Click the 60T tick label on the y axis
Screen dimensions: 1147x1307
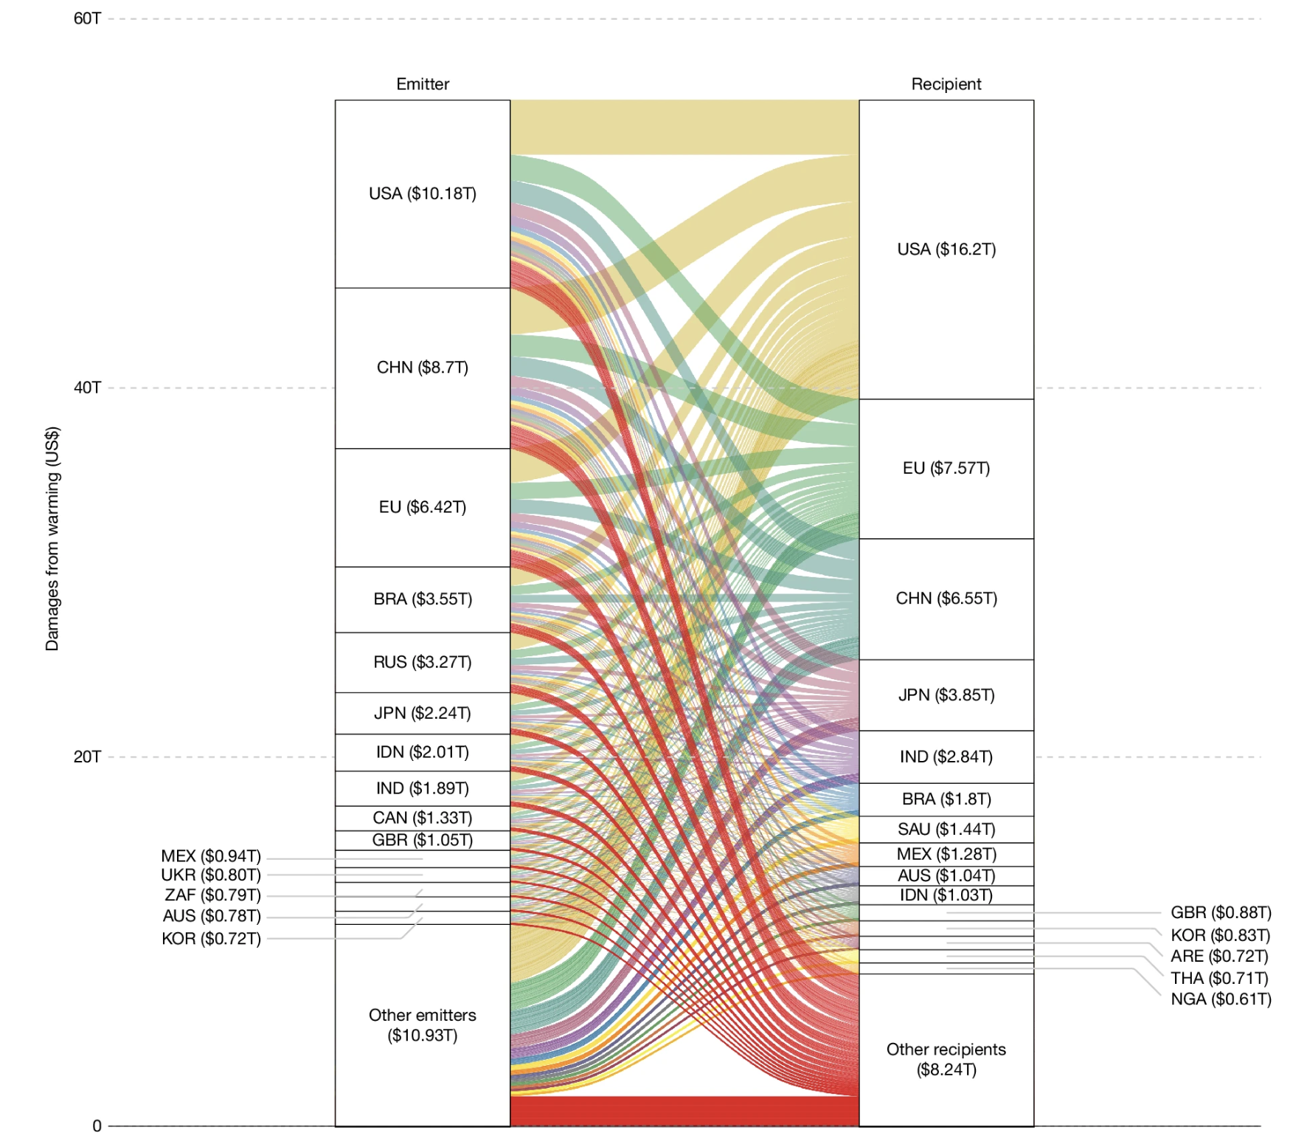pos(87,18)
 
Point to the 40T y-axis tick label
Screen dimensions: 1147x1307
pos(87,387)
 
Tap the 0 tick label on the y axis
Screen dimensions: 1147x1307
pos(97,1126)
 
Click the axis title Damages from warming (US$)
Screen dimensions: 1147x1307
pos(52,539)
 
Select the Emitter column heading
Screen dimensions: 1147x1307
pos(423,84)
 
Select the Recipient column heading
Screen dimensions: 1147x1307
pos(946,84)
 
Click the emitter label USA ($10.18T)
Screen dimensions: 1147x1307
pos(423,193)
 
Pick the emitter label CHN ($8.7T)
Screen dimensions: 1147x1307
pos(423,368)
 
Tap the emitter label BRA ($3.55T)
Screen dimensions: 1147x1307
pos(423,599)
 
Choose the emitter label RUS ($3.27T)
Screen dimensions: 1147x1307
pos(423,662)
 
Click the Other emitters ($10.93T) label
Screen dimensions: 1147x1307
pos(423,1025)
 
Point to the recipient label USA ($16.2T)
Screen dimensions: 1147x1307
pos(946,249)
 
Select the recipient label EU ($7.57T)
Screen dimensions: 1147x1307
pos(946,468)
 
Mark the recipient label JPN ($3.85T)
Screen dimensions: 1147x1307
pos(946,695)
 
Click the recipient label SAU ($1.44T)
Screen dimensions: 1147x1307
pos(946,830)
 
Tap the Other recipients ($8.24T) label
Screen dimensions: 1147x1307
pos(946,1059)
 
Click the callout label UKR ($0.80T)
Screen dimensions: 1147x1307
pos(211,875)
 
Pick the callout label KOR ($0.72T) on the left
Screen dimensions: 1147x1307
pos(211,939)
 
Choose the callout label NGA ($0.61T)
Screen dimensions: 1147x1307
pos(1221,999)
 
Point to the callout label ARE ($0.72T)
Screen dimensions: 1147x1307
pos(1219,957)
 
